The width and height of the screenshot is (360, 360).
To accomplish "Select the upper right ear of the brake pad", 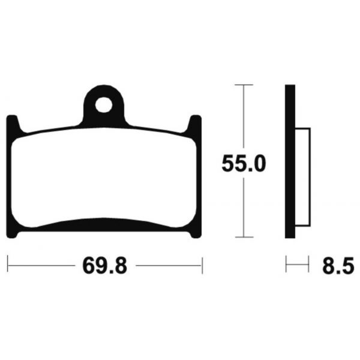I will [196, 124].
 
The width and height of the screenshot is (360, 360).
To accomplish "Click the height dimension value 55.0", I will [243, 163].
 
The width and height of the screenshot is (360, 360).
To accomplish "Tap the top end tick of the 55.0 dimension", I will [243, 86].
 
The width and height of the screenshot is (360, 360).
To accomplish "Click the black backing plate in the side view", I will [290, 162].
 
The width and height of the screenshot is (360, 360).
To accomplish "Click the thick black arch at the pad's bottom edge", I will [105, 223].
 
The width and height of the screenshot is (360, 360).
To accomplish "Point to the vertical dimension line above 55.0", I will [243, 120].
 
